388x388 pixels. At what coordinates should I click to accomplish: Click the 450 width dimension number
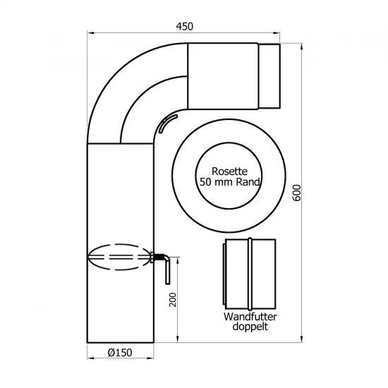pos(184,26)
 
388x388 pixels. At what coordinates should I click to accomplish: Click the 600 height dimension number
pos(297,193)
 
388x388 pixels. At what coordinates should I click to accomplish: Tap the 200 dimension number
pos(173,300)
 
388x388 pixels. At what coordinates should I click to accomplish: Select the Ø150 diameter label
pos(120,353)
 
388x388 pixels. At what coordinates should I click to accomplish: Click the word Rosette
pos(229,171)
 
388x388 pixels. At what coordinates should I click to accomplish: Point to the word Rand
pos(248,182)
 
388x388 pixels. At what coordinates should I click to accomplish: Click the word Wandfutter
pos(250,317)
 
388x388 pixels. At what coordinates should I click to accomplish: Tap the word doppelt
pos(250,327)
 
